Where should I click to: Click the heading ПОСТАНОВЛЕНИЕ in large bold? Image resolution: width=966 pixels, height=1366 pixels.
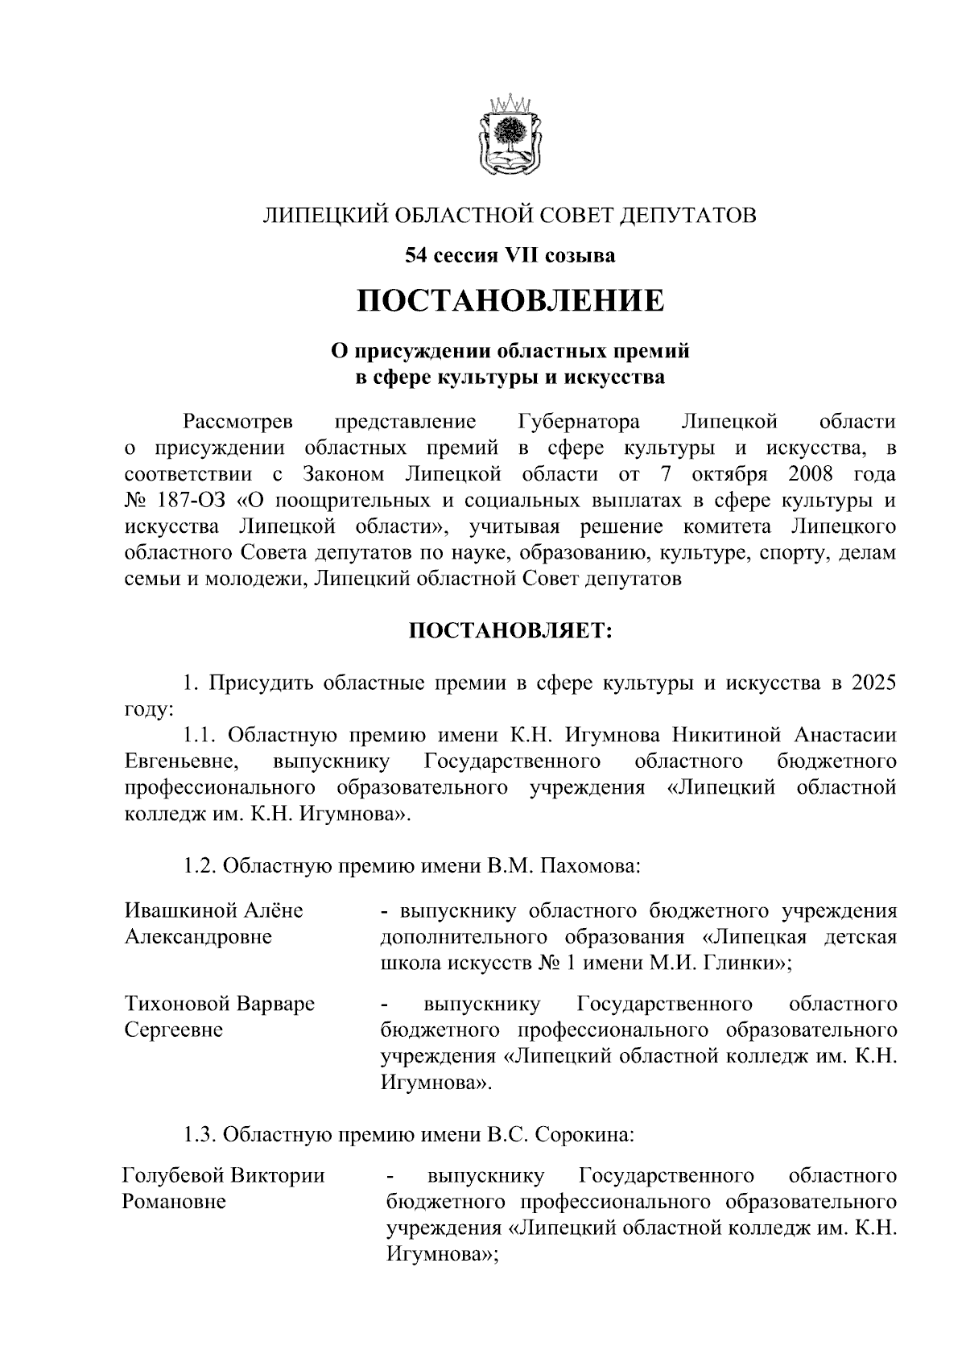[511, 301]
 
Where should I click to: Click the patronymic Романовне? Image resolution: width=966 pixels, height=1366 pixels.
[174, 1202]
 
